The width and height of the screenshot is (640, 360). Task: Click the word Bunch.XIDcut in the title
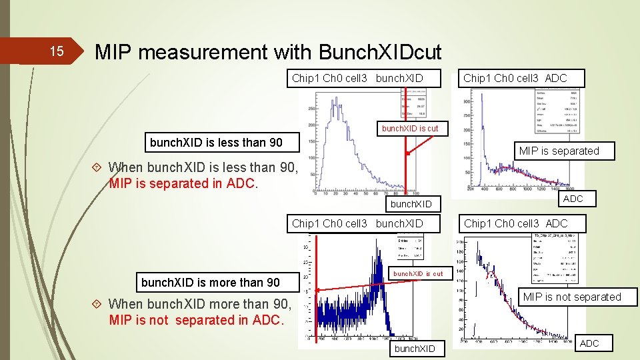380,52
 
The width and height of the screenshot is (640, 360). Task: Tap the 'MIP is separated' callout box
559,151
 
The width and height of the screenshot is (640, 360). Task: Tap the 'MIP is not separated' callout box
572,297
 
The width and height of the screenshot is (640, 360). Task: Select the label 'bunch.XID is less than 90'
216,142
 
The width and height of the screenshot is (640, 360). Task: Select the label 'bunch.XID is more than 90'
211,282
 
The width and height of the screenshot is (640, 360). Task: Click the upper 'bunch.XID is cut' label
410,128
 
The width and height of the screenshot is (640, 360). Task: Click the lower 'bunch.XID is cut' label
418,273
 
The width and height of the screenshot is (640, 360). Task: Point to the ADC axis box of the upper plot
573,199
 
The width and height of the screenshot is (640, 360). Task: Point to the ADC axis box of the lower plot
589,343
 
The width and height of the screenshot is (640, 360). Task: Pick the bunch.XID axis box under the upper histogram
411,204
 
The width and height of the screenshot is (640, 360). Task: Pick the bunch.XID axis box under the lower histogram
415,349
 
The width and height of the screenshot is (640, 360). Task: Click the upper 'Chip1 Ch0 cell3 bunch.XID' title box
357,78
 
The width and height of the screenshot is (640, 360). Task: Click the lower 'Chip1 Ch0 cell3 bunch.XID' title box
357,223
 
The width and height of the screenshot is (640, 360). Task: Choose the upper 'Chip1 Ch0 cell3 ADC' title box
515,78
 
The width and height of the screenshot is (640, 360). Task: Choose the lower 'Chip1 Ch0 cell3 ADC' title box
515,223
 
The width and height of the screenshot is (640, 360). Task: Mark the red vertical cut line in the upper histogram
406,167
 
